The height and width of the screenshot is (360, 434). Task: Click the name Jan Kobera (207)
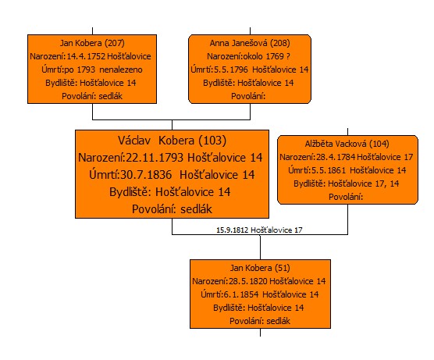click(92, 43)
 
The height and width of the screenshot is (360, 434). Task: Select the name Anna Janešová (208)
click(250, 43)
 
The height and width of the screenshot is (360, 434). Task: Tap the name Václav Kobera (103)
click(172, 141)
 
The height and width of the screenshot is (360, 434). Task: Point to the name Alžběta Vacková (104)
click(347, 144)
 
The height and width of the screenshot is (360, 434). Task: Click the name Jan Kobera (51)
click(260, 268)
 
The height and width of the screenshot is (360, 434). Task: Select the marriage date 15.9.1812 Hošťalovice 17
click(259, 230)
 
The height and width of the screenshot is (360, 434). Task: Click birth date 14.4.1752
click(86, 56)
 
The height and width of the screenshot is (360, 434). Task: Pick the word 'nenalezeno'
click(121, 70)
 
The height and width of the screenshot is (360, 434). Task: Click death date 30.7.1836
click(146, 175)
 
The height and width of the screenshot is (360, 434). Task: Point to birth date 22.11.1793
click(155, 158)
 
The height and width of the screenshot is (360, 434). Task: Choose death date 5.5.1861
click(329, 170)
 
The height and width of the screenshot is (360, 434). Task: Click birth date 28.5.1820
click(248, 281)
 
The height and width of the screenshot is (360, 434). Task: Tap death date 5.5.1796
click(231, 70)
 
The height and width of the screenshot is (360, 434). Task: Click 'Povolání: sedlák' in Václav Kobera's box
click(172, 209)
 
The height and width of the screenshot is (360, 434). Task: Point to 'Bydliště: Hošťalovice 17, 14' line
click(347, 184)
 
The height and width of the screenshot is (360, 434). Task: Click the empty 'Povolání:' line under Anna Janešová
click(248, 96)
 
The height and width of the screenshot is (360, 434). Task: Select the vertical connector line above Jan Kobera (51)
click(260, 248)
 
